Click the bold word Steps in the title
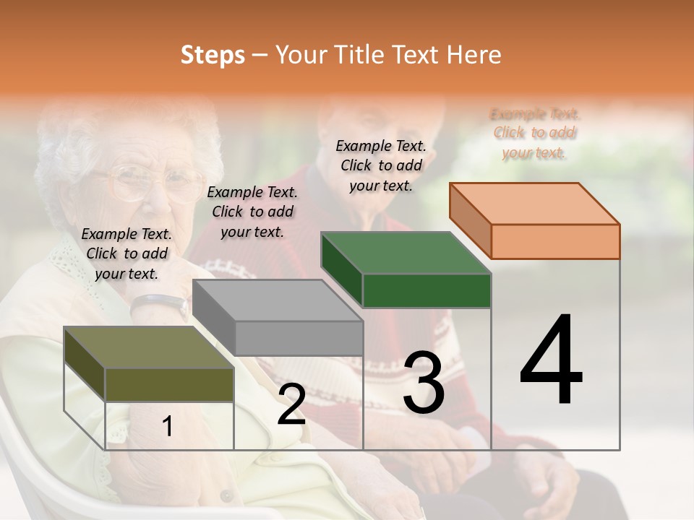[x=212, y=55]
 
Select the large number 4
[x=552, y=360]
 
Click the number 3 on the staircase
[x=424, y=382]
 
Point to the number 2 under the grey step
[x=291, y=404]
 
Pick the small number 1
[x=168, y=427]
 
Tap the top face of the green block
[x=406, y=253]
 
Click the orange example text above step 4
[x=535, y=133]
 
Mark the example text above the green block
[x=381, y=165]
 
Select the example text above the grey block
[x=252, y=212]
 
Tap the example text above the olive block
[x=127, y=253]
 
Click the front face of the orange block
[x=555, y=241]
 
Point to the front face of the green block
[x=427, y=290]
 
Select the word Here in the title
[x=475, y=55]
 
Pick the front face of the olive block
[x=169, y=384]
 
